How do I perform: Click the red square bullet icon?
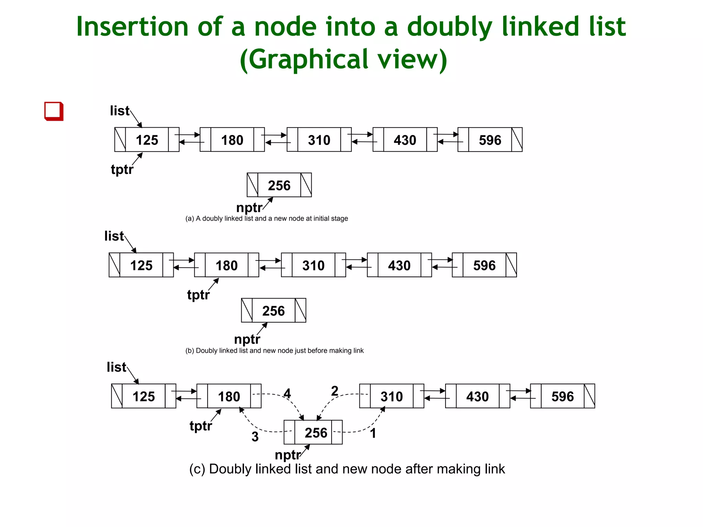(x=54, y=111)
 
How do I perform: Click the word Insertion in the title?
(x=132, y=27)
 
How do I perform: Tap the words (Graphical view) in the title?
(x=343, y=59)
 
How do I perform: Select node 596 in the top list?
(x=490, y=140)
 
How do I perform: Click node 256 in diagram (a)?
(x=279, y=185)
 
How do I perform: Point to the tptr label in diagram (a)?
(x=122, y=169)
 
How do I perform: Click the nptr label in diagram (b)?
(x=247, y=339)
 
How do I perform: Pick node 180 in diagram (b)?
(x=227, y=265)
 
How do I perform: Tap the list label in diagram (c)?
(x=116, y=367)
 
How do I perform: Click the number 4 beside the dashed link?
(x=287, y=393)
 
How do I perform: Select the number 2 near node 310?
(x=335, y=391)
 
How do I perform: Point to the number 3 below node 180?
(x=255, y=437)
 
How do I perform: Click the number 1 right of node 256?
(x=373, y=433)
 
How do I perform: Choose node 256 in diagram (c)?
(x=316, y=433)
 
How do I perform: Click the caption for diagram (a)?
(x=267, y=219)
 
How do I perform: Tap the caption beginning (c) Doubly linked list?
(x=347, y=469)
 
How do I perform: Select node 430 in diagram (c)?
(x=477, y=396)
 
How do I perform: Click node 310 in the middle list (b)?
(x=313, y=265)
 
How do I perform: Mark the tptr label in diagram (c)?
(x=201, y=426)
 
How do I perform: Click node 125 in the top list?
(x=147, y=140)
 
